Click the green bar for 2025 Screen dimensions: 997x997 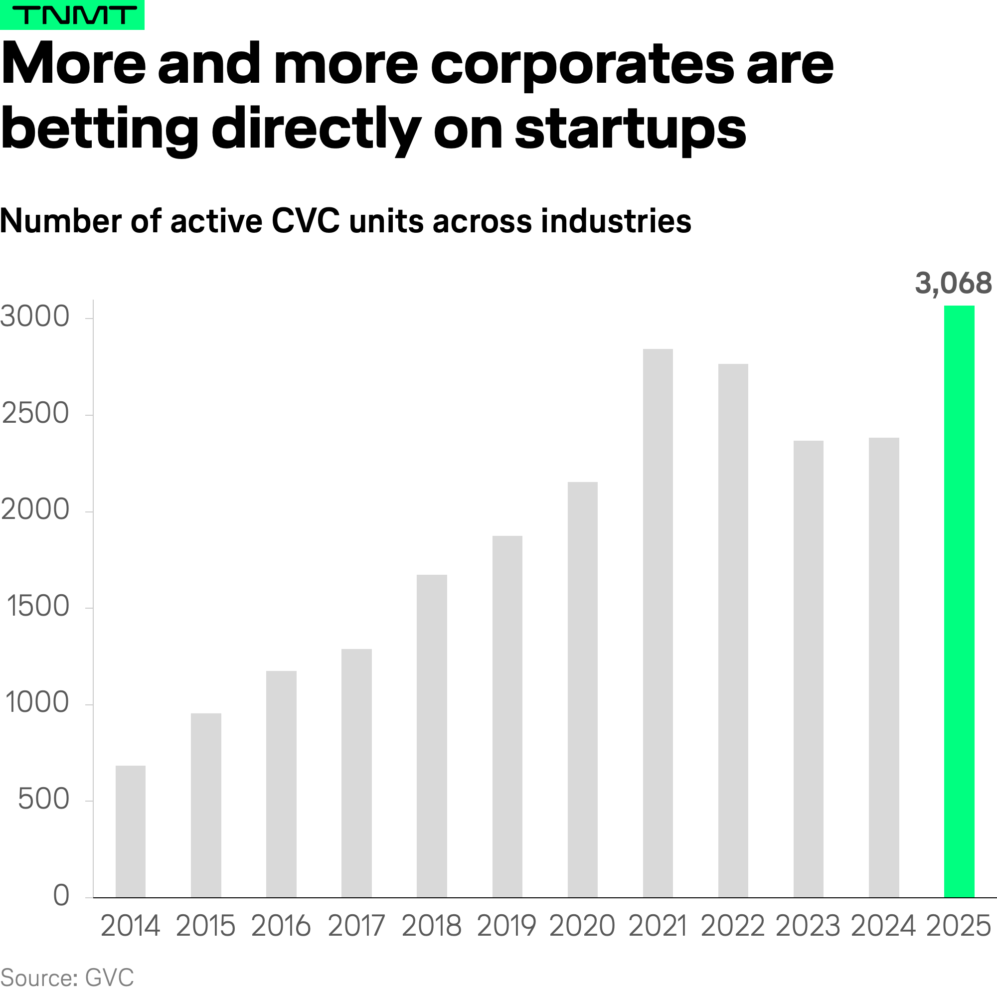tap(959, 601)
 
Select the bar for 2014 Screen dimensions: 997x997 tap(131, 831)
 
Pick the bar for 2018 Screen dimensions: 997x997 tap(432, 736)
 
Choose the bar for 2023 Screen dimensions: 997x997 tap(808, 669)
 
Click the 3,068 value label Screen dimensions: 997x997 tap(953, 283)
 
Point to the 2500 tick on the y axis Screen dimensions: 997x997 tap(35, 413)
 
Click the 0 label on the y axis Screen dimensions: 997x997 tap(61, 895)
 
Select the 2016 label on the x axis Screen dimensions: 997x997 tap(281, 926)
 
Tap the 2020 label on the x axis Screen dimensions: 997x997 tap(582, 926)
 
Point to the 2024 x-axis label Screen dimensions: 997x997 tap(883, 926)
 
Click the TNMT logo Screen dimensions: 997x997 tap(72, 15)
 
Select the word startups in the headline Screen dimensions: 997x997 tap(631, 129)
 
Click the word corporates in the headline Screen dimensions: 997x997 tap(582, 65)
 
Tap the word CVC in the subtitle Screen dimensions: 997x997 tap(306, 221)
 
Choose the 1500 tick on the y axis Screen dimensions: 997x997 tap(38, 606)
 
